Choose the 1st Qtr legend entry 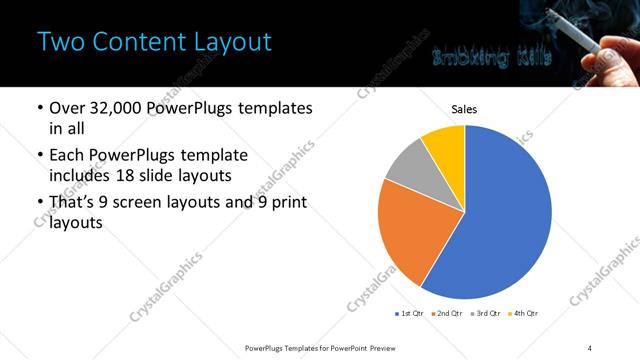pyautogui.click(x=410, y=314)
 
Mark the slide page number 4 pyautogui.click(x=590, y=347)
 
